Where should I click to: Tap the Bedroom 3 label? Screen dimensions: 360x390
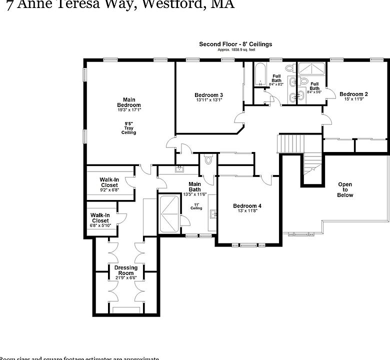208,95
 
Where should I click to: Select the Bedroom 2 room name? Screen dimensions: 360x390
353,94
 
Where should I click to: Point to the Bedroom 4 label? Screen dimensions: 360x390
247,206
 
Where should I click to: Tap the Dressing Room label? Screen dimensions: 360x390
125,270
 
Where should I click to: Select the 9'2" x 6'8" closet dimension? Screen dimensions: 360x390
108,190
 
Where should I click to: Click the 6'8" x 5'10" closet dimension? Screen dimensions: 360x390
100,225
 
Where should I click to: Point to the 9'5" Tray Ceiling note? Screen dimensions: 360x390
128,127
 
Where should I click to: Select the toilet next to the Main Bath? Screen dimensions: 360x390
209,160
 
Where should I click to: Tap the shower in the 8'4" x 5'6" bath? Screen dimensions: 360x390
313,68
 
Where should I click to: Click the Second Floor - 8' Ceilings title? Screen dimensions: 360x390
235,44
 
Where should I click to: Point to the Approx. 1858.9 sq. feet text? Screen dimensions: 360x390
235,50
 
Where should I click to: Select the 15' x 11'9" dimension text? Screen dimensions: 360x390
353,99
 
